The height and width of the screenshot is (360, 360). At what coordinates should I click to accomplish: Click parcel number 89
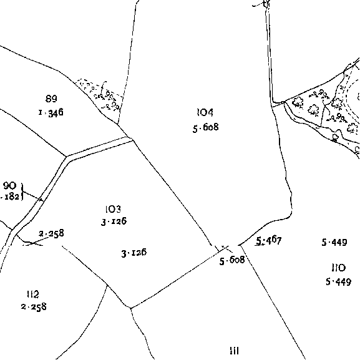(x=51, y=99)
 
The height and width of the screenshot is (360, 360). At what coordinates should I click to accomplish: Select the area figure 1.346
(x=51, y=113)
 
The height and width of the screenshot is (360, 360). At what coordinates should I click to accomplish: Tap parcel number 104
(x=205, y=112)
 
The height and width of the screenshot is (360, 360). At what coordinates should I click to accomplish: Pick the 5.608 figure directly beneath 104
(x=206, y=127)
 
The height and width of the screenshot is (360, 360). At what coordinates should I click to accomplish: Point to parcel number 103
(x=113, y=209)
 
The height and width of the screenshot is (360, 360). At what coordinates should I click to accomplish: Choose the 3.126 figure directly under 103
(x=114, y=221)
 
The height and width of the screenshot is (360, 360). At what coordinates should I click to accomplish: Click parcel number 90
(x=10, y=185)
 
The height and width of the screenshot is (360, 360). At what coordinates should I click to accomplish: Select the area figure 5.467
(x=269, y=241)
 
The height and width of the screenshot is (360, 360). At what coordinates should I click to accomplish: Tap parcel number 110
(x=339, y=268)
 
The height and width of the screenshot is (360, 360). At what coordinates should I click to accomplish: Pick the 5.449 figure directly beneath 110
(x=338, y=282)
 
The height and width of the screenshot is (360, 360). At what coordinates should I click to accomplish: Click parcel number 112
(x=33, y=294)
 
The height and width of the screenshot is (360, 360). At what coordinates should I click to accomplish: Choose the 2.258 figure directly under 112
(x=34, y=307)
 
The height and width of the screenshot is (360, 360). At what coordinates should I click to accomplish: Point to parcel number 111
(x=235, y=351)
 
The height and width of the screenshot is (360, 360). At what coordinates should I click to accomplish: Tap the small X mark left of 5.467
(x=225, y=248)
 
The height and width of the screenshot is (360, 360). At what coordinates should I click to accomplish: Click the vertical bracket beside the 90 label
(x=22, y=192)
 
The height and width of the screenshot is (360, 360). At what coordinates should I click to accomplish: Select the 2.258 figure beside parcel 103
(x=51, y=233)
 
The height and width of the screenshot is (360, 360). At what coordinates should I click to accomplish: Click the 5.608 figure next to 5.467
(x=232, y=260)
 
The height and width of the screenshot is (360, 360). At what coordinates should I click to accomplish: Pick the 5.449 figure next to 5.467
(x=334, y=242)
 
